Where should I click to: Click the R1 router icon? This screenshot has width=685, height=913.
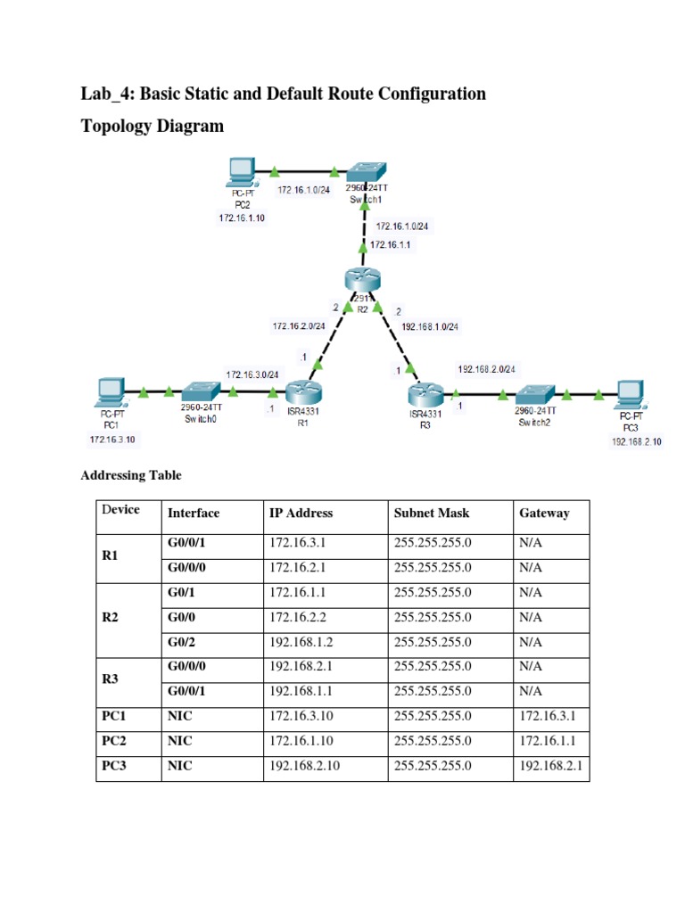[x=303, y=392]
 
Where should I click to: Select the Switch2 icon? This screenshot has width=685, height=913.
[x=536, y=392]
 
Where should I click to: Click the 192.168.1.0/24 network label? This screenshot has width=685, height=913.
[x=430, y=326]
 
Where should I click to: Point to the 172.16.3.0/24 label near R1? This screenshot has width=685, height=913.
[x=253, y=374]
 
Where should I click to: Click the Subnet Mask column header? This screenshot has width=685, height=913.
[x=431, y=513]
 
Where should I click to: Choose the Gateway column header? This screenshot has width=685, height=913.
[x=544, y=513]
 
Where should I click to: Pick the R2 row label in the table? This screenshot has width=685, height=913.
[x=111, y=616]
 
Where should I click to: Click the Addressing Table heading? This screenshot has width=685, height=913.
[x=131, y=475]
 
